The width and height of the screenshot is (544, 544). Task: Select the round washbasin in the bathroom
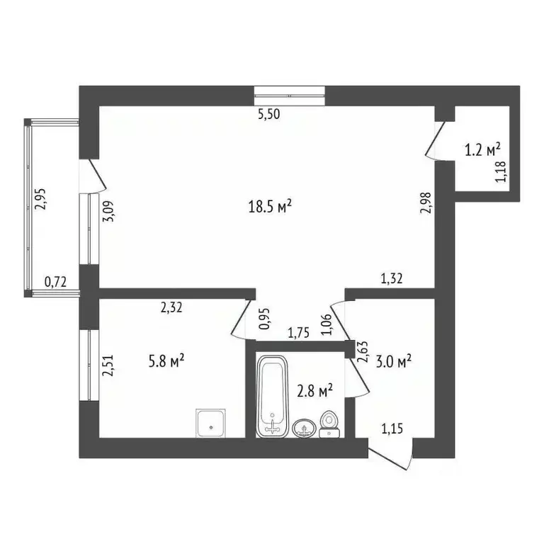coord(305,428)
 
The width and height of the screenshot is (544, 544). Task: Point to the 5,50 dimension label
coord(270,116)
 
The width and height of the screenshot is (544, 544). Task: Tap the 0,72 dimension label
coord(56,282)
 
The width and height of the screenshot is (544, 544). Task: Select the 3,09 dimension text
coord(109,212)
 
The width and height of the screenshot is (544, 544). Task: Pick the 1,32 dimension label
coord(392,279)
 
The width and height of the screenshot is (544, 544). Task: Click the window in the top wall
coord(290,91)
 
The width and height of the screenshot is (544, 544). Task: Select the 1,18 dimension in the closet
coord(501,172)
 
